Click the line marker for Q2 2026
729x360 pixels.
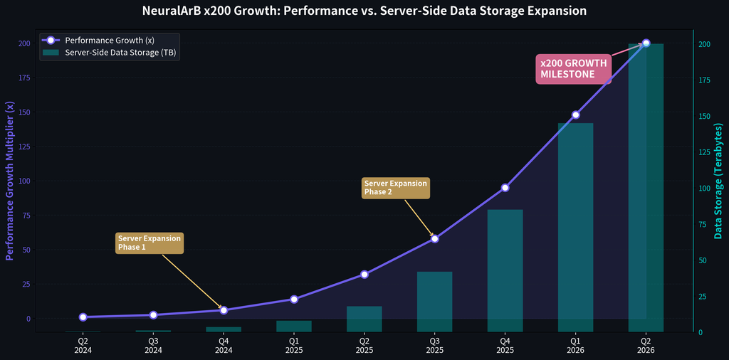[x=646, y=43]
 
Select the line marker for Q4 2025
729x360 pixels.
[x=505, y=188]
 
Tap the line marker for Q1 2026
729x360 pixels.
[x=575, y=115]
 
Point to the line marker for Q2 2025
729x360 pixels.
[x=364, y=274]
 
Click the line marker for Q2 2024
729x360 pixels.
[x=83, y=317]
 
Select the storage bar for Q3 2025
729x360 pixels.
[x=434, y=302]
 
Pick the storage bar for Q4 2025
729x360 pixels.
[x=505, y=270]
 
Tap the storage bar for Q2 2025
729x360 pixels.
[x=364, y=319]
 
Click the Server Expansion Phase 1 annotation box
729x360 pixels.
[x=150, y=243]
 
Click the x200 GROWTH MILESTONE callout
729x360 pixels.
[x=574, y=68]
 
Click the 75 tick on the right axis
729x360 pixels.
[x=703, y=224]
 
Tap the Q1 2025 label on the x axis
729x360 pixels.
[x=294, y=345]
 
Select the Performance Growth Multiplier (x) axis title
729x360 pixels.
[x=10, y=181]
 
